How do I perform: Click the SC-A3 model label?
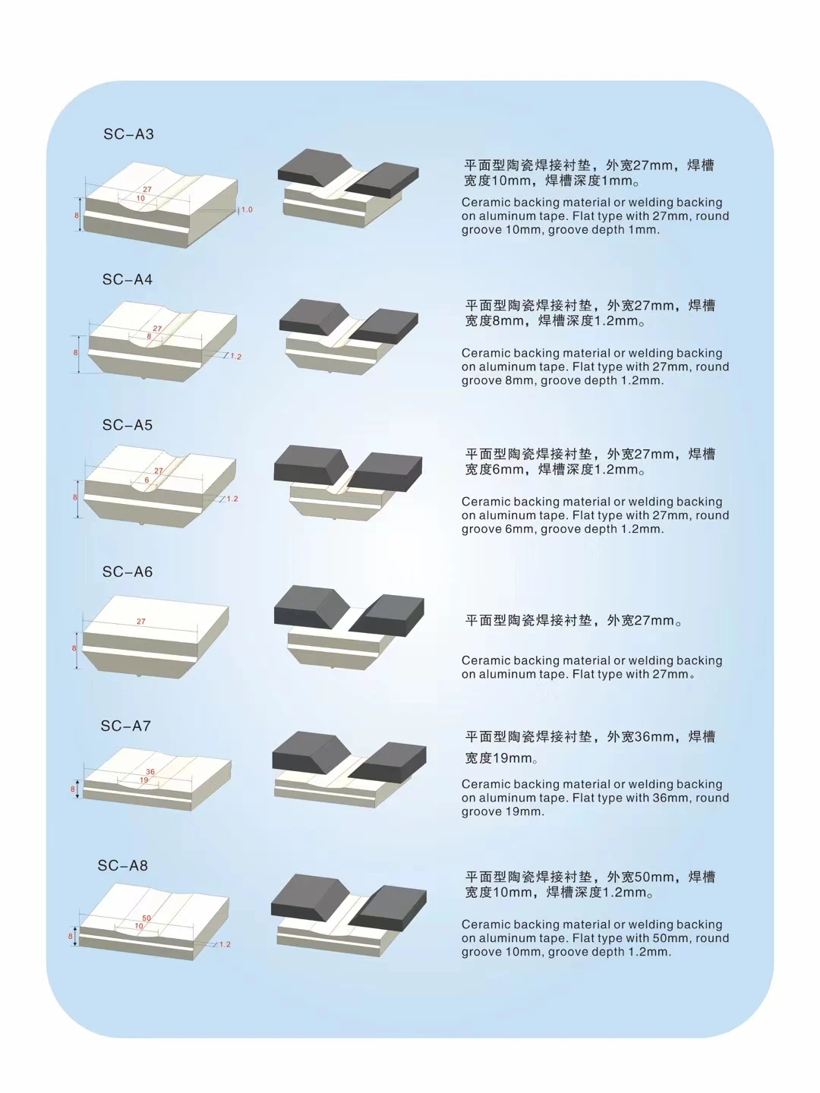pyautogui.click(x=128, y=134)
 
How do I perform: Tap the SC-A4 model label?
pyautogui.click(x=128, y=280)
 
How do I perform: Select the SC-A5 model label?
pyautogui.click(x=128, y=426)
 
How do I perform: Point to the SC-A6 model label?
pyautogui.click(x=128, y=572)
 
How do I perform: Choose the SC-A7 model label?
pyautogui.click(x=126, y=726)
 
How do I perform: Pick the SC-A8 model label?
pyautogui.click(x=123, y=866)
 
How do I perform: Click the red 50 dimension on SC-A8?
pyautogui.click(x=147, y=918)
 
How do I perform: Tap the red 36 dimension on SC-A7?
pyautogui.click(x=150, y=772)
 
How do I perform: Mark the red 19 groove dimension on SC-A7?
pyautogui.click(x=143, y=780)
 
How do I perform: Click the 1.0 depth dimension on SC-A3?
pyautogui.click(x=247, y=209)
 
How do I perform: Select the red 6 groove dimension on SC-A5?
pyautogui.click(x=147, y=480)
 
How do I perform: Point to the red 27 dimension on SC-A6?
pyautogui.click(x=141, y=622)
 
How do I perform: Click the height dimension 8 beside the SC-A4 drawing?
pyautogui.click(x=76, y=353)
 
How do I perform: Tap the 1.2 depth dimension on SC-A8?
pyautogui.click(x=225, y=945)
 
